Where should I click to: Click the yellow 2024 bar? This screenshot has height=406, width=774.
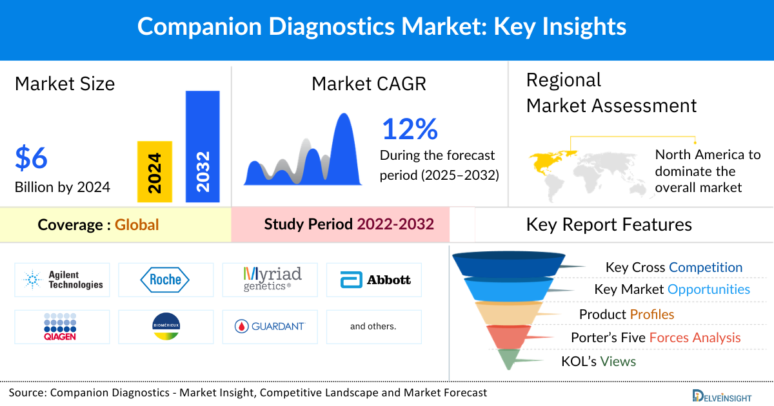coord(155,171)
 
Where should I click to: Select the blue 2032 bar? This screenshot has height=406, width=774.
coord(203,146)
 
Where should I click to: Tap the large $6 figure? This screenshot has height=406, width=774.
coord(32,158)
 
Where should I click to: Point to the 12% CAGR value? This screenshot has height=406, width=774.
coord(410,129)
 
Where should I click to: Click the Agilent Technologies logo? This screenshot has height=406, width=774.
coord(62,280)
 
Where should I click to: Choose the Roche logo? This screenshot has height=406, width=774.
coord(165,280)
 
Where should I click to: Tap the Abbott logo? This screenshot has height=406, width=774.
coord(374,280)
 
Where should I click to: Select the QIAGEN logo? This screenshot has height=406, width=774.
coord(62,327)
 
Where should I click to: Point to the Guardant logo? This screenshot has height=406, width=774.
coord(270,327)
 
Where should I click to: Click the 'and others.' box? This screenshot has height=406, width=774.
coord(373,327)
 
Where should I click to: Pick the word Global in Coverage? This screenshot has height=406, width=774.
coord(137,225)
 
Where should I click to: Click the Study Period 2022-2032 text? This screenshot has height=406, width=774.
coord(348,224)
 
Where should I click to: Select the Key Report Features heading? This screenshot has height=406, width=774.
coord(609,224)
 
